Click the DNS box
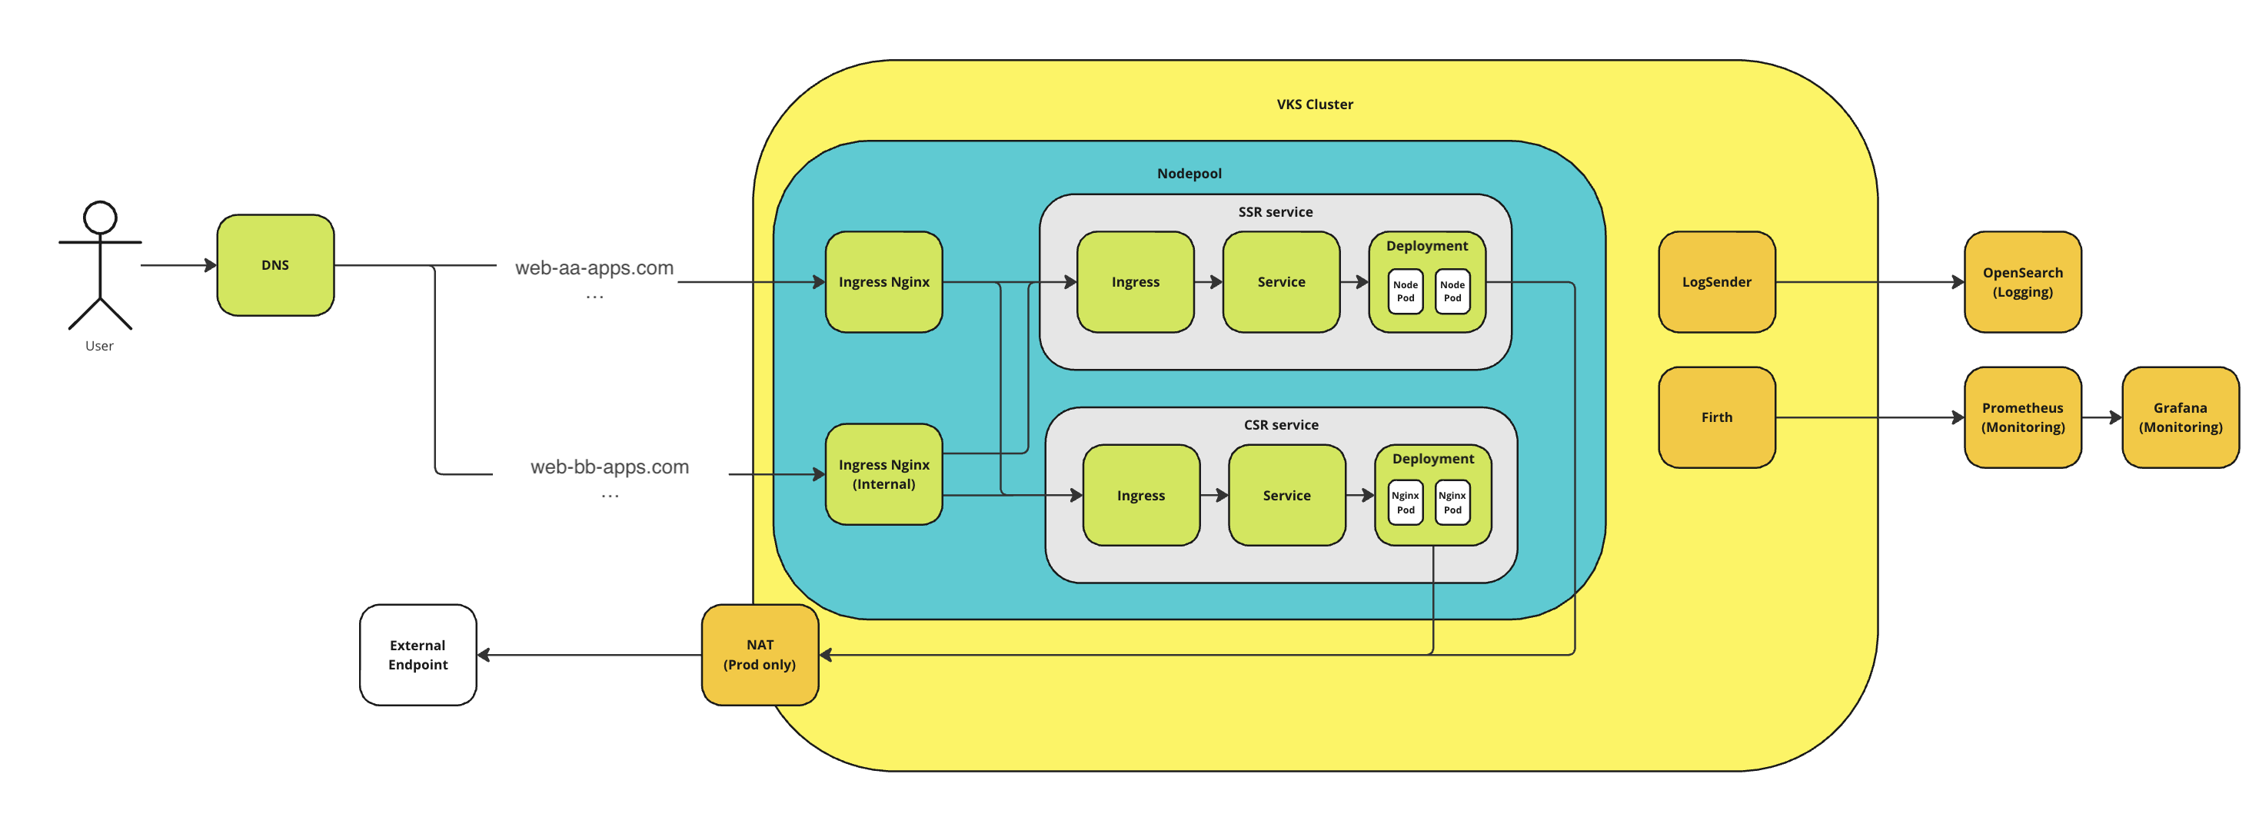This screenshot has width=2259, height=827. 275,265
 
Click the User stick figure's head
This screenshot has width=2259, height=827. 100,218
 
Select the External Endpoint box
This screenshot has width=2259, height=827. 418,654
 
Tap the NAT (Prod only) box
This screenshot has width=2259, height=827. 760,654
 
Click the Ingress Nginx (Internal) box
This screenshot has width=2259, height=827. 884,474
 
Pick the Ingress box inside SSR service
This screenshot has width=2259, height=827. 1136,281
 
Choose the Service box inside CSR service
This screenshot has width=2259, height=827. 1286,496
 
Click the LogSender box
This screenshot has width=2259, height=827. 1716,281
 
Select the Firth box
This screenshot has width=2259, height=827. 1716,417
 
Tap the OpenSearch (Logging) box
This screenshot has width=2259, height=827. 2022,281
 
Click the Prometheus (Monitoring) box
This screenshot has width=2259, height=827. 2022,417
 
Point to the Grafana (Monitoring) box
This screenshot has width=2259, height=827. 2180,417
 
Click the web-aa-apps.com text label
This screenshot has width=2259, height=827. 594,267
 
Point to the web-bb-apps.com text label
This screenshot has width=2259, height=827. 610,467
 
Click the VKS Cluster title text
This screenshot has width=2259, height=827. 1315,105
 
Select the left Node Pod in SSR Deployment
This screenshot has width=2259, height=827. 1405,291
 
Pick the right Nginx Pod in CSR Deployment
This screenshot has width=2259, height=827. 1452,503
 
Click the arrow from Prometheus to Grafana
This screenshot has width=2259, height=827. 2101,417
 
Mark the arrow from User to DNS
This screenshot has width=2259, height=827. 179,265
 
